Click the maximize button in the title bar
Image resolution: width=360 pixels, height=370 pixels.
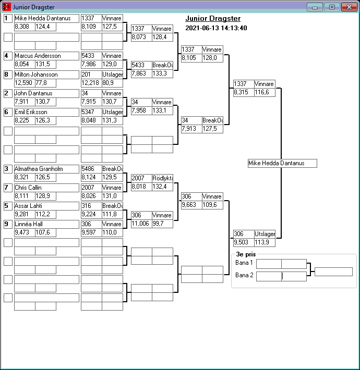331,7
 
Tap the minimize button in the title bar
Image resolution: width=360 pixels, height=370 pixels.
315,7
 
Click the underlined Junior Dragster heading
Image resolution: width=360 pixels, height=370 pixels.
213,19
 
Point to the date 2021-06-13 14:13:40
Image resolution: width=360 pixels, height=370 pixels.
216,28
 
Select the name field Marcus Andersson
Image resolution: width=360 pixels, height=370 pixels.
46,56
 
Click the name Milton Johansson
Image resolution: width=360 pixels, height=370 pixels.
46,75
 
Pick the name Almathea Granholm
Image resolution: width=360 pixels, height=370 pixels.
46,169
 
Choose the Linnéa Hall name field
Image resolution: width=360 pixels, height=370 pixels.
46,224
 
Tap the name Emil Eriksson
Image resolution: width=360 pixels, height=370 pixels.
46,112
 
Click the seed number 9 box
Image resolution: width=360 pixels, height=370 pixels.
8,224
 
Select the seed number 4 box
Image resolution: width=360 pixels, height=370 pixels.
8,56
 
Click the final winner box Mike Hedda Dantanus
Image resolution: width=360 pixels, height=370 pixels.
282,164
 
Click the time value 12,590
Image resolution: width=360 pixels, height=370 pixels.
24,83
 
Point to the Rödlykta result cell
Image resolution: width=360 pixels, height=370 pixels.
162,178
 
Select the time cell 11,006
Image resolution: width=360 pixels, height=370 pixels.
141,224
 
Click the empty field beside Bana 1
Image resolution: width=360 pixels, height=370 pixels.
281,264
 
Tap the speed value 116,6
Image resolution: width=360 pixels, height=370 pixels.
265,92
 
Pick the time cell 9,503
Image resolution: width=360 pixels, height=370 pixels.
243,242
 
